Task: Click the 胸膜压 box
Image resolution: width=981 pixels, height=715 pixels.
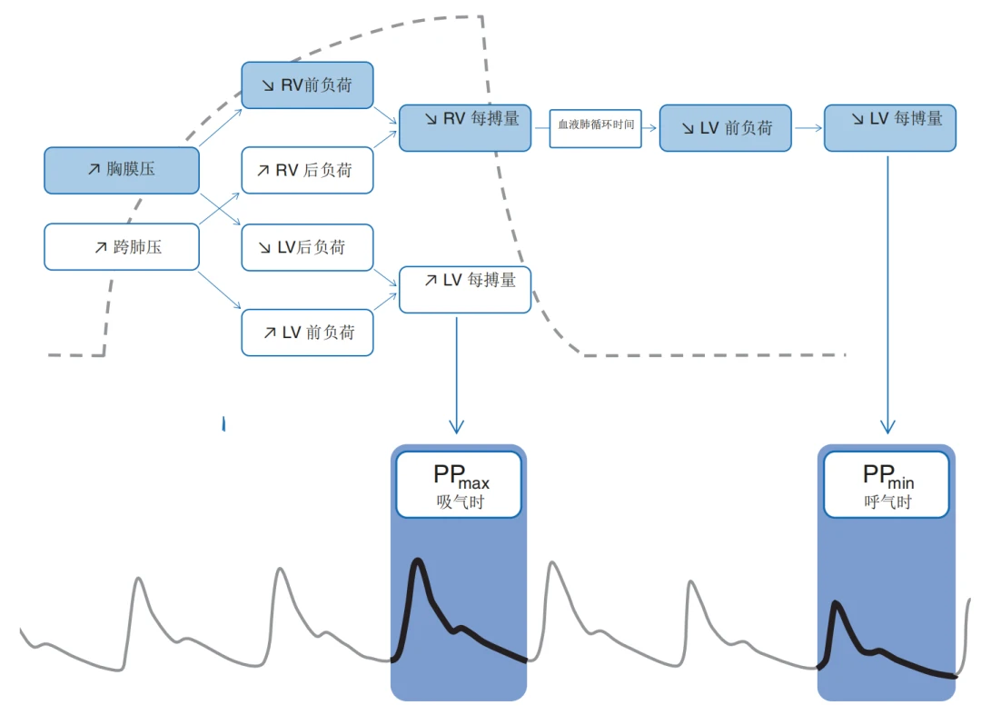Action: [x=121, y=170]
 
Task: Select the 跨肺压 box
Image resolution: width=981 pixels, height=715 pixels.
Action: [x=121, y=246]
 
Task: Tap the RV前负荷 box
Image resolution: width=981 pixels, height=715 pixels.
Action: [x=307, y=85]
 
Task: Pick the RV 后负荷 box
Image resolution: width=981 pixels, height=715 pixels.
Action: [x=307, y=170]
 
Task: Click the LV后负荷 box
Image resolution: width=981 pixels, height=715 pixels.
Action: [x=307, y=247]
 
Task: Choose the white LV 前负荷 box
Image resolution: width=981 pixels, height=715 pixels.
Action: [x=307, y=333]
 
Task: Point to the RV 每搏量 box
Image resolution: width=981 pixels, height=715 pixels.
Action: [x=465, y=127]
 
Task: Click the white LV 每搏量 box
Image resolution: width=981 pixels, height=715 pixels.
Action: [x=465, y=290]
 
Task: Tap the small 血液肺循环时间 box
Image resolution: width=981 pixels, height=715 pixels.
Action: [x=595, y=128]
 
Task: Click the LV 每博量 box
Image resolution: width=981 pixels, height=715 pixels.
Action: [x=889, y=127]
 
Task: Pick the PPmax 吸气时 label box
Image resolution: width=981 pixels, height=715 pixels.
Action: [x=458, y=484]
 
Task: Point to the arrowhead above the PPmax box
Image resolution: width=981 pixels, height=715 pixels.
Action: [x=456, y=427]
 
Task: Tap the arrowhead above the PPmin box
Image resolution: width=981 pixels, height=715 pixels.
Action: [x=887, y=427]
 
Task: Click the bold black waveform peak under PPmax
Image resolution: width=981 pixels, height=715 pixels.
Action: [x=418, y=561]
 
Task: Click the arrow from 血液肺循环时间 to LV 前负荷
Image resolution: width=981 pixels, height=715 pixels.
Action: [x=649, y=128]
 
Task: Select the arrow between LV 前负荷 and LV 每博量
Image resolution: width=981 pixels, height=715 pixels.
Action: [x=808, y=128]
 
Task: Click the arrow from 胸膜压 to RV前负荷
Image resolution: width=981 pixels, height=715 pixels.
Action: [x=221, y=127]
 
